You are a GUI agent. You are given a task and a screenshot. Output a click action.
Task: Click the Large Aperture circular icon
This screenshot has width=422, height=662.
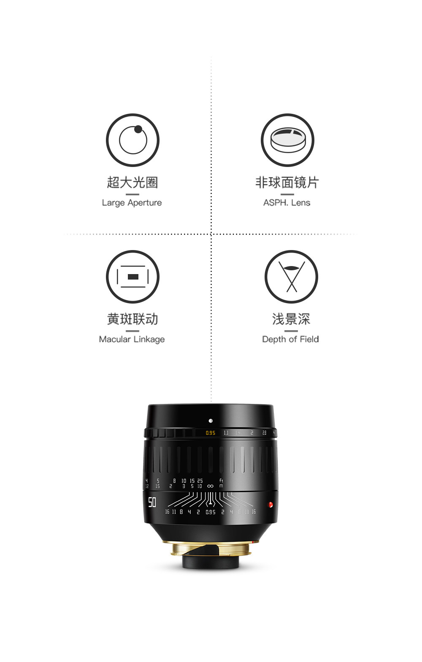click(133, 140)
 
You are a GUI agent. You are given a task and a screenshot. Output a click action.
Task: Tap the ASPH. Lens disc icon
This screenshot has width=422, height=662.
click(287, 140)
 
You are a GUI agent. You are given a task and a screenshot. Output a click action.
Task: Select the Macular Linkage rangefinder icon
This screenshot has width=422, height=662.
click(133, 277)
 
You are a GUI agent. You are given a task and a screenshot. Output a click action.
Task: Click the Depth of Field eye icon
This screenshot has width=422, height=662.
click(291, 277)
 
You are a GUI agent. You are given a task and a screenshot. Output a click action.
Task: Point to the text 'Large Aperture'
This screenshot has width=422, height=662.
click(132, 203)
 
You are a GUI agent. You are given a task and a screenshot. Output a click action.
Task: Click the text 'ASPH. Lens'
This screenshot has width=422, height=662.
click(287, 203)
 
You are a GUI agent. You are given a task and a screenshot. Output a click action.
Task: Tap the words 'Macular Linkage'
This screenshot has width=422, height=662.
click(132, 339)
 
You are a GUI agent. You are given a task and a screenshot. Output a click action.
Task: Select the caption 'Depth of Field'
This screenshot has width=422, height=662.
click(290, 339)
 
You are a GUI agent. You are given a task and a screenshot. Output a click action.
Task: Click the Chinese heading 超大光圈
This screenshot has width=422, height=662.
click(133, 183)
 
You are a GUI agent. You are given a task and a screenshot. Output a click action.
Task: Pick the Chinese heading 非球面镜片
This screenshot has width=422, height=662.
click(287, 183)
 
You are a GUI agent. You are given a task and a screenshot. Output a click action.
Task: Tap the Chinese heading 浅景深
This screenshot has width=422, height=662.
click(291, 319)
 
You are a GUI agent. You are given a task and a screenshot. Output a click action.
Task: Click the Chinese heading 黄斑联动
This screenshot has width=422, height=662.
click(133, 319)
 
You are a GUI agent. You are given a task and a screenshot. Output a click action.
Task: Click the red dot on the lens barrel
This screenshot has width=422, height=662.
click(271, 504)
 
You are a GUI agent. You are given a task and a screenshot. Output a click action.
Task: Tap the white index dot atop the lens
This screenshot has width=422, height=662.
click(211, 421)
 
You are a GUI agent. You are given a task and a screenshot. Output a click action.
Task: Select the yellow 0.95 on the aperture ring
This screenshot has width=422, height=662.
click(211, 433)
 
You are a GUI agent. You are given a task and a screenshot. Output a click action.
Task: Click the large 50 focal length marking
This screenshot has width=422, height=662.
click(152, 502)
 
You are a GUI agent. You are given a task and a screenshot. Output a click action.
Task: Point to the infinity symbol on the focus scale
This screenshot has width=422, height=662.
click(211, 486)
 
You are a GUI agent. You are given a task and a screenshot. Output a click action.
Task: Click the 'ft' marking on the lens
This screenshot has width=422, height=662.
click(221, 480)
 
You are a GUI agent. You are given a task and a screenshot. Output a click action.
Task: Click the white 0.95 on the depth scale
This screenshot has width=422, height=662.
click(211, 512)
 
